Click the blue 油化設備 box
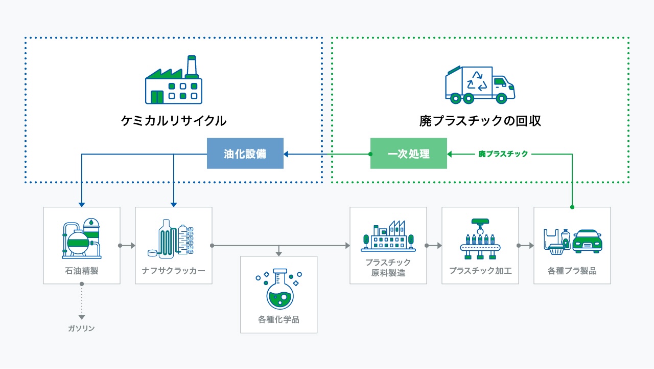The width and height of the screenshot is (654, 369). coord(245,154)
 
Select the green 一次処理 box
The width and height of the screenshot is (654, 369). coord(408,154)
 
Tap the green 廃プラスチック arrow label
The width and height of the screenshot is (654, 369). coord(503,154)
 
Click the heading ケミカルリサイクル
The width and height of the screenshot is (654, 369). coord(174,121)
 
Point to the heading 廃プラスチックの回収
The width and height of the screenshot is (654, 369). coord(480,121)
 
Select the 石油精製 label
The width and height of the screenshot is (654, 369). coord(82,271)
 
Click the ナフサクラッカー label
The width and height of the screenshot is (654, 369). coord(174,271)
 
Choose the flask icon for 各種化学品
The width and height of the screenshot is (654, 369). coord(278,289)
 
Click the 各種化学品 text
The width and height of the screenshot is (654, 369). coord(278,320)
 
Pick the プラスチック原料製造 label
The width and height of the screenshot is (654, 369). coord(388,268)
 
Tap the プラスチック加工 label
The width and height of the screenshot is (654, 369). coord(480,271)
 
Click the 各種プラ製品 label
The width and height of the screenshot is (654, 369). coord(572,271)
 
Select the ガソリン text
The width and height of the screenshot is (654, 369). coord(82,329)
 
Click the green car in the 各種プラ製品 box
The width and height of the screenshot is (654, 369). coord(587,241)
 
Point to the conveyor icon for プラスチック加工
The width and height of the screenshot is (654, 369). coord(480,238)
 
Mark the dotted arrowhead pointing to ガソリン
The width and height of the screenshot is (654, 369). coord(82,317)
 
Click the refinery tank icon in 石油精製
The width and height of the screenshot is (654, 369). coord(82,238)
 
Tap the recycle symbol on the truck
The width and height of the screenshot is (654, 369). coord(477,81)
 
